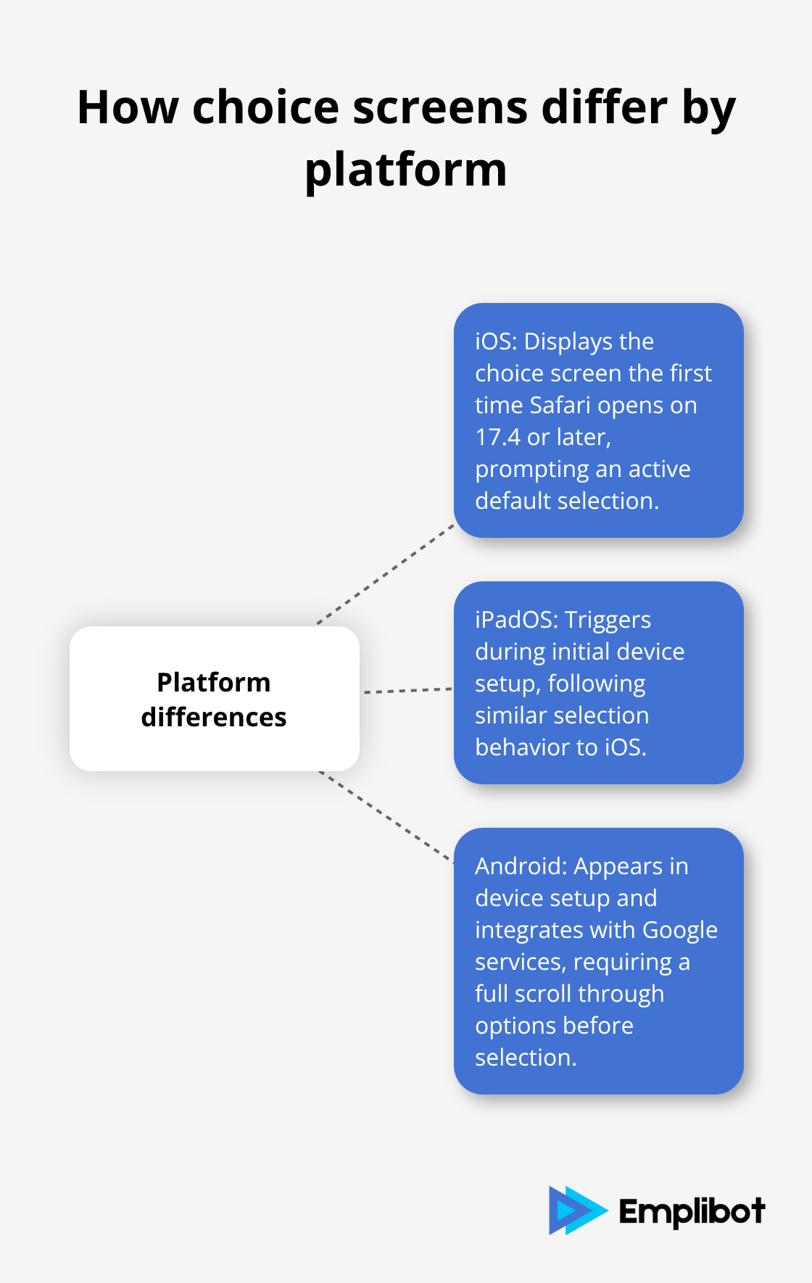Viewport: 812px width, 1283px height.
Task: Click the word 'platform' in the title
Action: [405, 171]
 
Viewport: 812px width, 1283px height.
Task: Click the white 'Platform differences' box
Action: [215, 699]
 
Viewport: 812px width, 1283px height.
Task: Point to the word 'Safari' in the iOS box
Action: [560, 405]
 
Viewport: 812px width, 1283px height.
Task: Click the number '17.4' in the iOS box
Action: [497, 437]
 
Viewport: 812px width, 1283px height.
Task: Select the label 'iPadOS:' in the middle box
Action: [516, 620]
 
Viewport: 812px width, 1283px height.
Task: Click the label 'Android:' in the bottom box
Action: [521, 866]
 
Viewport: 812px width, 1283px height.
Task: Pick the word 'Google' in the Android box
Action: [679, 930]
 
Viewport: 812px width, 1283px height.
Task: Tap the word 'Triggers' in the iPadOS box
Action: [608, 620]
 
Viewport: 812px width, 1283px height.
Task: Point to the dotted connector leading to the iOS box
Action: [386, 574]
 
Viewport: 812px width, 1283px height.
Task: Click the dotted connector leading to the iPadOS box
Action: [407, 691]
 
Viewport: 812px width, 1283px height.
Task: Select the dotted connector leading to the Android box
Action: [386, 817]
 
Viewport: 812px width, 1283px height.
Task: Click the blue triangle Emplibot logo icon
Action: [576, 1211]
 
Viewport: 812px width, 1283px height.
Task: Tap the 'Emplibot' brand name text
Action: [692, 1211]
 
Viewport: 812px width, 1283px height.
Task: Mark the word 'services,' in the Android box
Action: [521, 962]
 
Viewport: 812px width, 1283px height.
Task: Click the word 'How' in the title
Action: [128, 108]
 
